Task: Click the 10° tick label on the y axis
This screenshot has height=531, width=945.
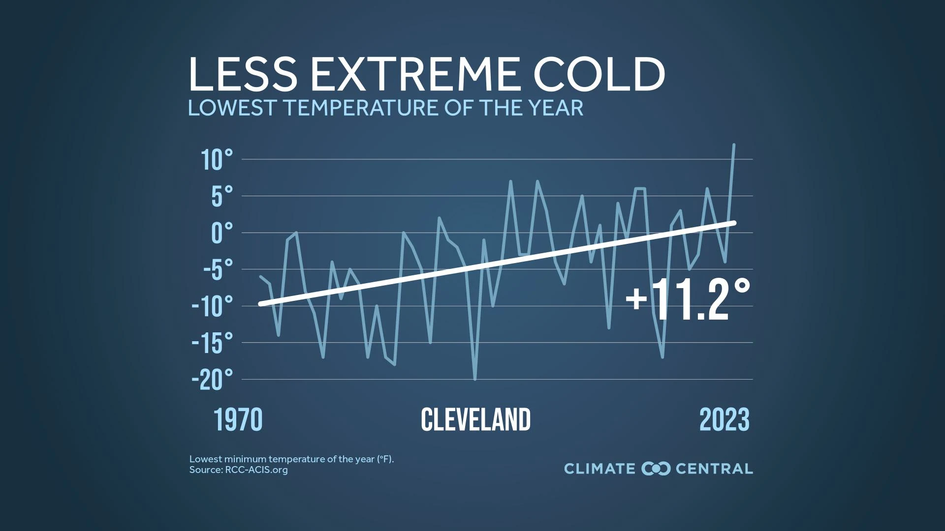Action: point(217,160)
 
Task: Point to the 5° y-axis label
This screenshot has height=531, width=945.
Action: point(221,197)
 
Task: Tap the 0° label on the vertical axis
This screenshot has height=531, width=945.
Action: point(221,233)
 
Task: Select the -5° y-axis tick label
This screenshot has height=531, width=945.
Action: point(218,270)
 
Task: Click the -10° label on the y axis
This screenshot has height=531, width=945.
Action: point(212,307)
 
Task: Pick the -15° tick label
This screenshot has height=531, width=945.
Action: point(212,343)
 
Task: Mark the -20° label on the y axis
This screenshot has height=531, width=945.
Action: point(212,380)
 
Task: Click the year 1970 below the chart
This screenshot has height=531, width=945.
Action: point(238,420)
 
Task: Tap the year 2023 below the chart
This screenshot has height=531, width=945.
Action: point(724,420)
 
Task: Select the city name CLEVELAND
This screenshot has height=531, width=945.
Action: point(475,420)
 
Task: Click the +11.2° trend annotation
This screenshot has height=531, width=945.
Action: point(688,300)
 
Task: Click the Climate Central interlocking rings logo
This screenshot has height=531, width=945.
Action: point(656,469)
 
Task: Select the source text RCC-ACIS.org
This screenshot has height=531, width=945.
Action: point(256,470)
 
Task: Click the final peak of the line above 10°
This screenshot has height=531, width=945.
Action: point(734,145)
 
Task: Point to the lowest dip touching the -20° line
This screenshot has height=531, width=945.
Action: point(475,379)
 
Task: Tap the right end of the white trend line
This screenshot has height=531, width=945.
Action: point(734,223)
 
